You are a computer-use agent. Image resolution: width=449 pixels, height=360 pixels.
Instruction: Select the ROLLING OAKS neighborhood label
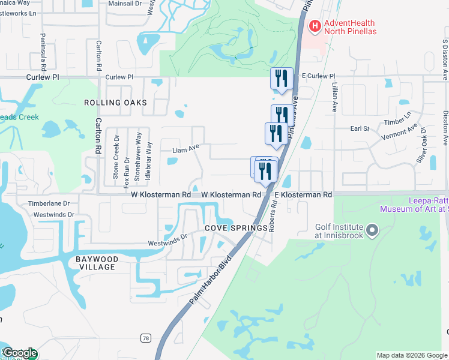point(115,103)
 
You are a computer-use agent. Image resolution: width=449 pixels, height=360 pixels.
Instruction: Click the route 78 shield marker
point(145,338)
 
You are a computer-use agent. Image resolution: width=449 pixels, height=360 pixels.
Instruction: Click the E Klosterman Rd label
point(303,195)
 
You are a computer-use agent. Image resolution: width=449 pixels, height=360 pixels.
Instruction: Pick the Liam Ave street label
point(185,150)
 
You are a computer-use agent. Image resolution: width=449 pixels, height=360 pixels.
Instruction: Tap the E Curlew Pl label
point(317,76)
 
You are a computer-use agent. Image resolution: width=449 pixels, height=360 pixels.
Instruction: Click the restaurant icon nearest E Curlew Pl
point(280,78)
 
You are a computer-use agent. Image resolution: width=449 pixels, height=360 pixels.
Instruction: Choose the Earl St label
point(360,128)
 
